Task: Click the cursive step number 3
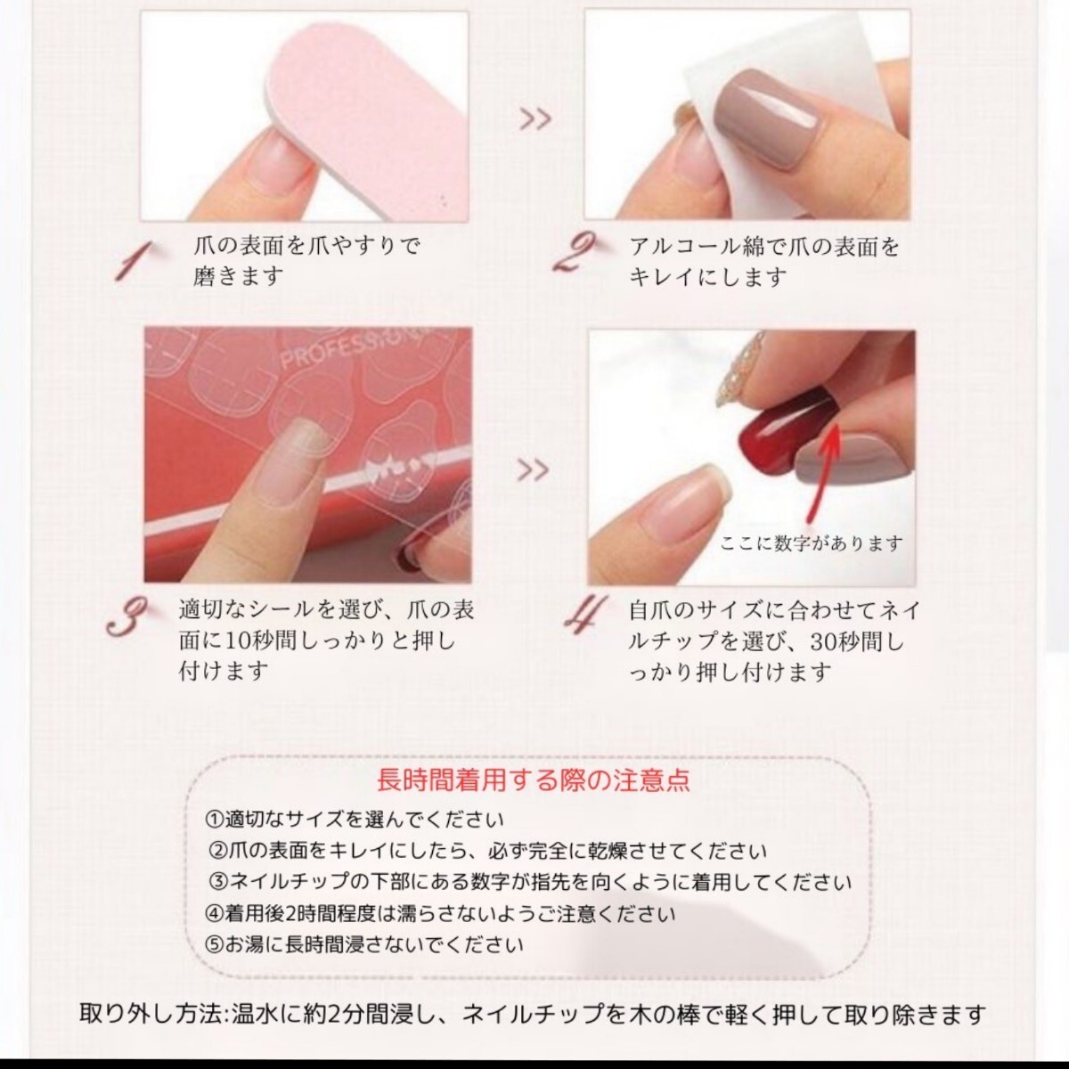pyautogui.click(x=126, y=616)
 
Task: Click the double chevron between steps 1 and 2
pyautogui.click(x=535, y=118)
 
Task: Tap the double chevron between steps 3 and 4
pyautogui.click(x=533, y=470)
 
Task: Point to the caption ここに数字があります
pyautogui.click(x=811, y=543)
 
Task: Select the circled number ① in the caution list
pyautogui.click(x=214, y=820)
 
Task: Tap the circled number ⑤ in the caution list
pyautogui.click(x=214, y=943)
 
